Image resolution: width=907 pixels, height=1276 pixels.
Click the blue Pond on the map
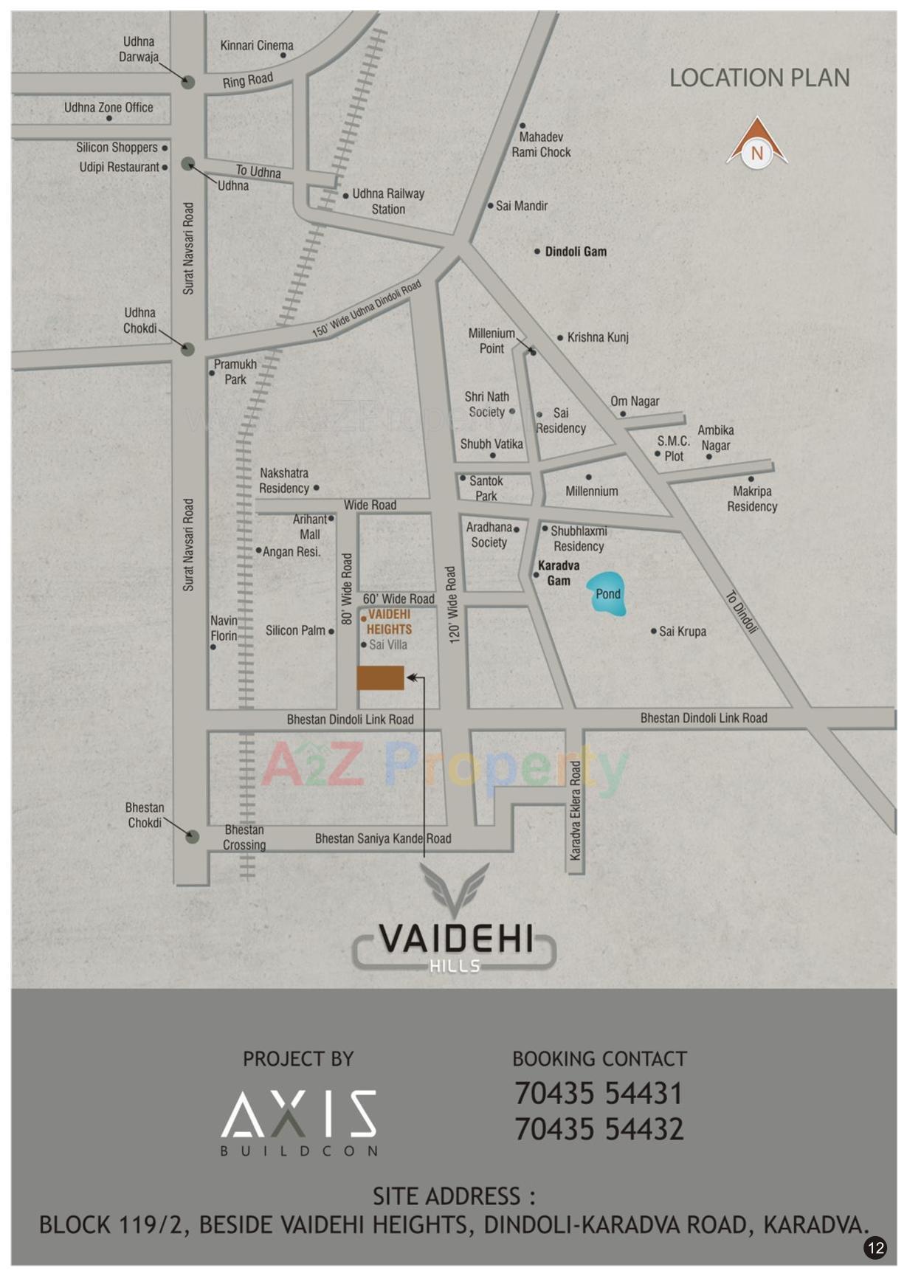pos(607,594)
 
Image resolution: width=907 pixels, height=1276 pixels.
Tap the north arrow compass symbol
pos(756,145)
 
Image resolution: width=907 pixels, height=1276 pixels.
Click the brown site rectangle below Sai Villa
pos(380,677)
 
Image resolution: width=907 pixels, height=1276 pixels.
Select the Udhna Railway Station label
pos(388,201)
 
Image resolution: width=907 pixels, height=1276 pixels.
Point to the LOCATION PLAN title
pos(759,78)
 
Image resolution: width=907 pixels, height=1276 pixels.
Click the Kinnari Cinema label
pos(256,46)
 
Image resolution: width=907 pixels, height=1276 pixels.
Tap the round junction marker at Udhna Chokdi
pos(187,349)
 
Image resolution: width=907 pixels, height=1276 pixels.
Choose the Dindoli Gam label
pos(576,252)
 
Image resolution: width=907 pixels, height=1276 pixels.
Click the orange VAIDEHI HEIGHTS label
pos(389,622)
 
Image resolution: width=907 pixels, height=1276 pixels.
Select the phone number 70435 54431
pos(599,1094)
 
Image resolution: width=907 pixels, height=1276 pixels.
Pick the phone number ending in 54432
pos(599,1129)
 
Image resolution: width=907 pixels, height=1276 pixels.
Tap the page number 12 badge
pos(875,1247)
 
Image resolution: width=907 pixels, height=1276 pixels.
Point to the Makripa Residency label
pos(752,499)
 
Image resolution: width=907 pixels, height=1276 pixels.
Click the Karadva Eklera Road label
pos(576,810)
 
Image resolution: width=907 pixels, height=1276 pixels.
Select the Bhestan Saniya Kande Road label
pos(383,838)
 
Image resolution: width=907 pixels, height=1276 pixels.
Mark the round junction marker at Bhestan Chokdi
pos(192,837)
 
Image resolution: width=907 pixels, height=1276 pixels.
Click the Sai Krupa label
pos(682,632)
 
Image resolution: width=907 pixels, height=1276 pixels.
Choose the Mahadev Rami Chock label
pos(541,145)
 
